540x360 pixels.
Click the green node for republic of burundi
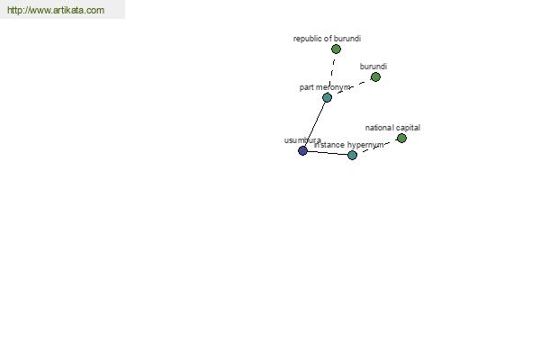(336, 49)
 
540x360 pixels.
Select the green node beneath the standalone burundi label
(375, 77)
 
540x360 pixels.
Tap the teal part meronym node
(327, 97)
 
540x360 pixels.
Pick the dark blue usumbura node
(302, 150)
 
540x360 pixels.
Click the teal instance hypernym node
(352, 155)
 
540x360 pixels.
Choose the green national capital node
(401, 138)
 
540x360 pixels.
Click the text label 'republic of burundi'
(327, 39)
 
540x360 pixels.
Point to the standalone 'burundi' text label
(373, 67)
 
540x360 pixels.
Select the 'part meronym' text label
(325, 87)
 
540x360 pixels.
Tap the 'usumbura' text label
(302, 140)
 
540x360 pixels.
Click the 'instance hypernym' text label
(349, 145)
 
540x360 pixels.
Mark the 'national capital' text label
(392, 128)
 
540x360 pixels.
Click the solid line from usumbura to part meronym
(315, 123)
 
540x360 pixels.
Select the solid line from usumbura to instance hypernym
(327, 153)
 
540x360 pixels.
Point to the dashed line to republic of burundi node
(332, 71)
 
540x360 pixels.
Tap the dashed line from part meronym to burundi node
(353, 86)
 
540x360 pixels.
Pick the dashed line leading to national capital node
(378, 146)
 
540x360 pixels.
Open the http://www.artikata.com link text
(55, 11)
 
